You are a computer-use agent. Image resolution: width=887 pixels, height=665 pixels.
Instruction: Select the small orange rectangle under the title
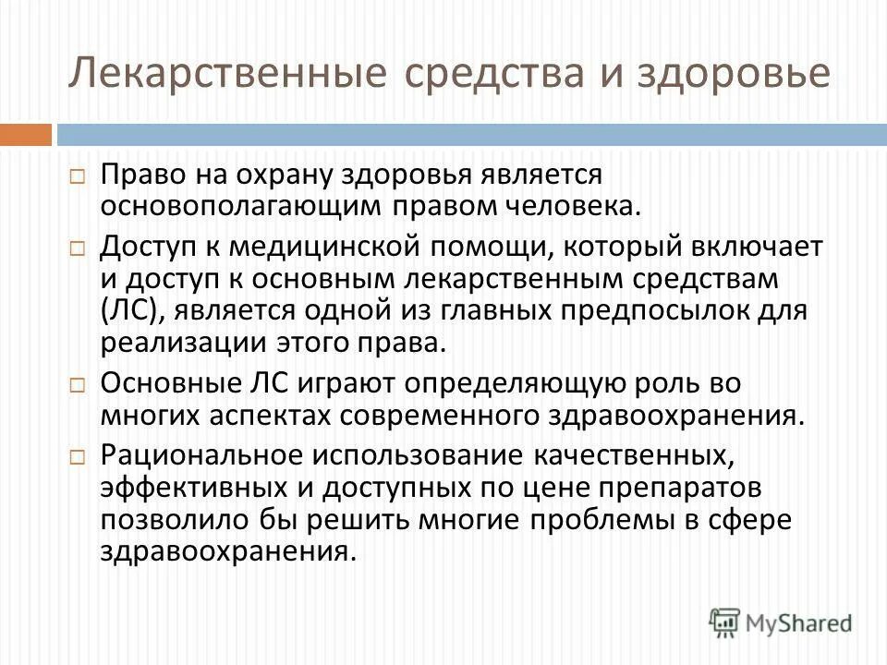click(x=25, y=135)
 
